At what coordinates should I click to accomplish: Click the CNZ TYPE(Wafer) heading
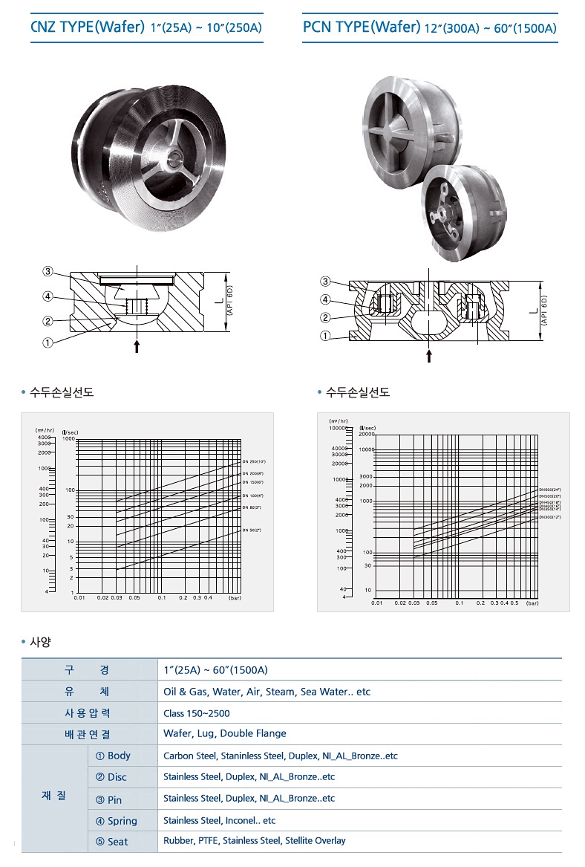(x=146, y=28)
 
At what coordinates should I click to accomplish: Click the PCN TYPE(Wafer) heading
(x=430, y=28)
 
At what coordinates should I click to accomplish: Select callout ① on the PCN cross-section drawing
(x=324, y=336)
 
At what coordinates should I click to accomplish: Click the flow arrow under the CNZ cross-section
(x=137, y=346)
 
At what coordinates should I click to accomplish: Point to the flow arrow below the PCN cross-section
(x=429, y=356)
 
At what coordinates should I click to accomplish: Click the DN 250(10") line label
(x=254, y=462)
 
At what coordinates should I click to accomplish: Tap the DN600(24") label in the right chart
(x=550, y=490)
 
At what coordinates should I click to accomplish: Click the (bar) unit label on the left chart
(x=235, y=597)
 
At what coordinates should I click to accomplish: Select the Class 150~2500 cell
(x=197, y=713)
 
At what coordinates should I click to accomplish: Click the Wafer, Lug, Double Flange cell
(x=224, y=733)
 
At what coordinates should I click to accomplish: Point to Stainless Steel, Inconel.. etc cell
(x=219, y=820)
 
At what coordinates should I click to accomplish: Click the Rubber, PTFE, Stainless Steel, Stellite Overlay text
(x=254, y=841)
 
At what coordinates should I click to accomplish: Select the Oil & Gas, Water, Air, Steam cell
(x=267, y=692)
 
